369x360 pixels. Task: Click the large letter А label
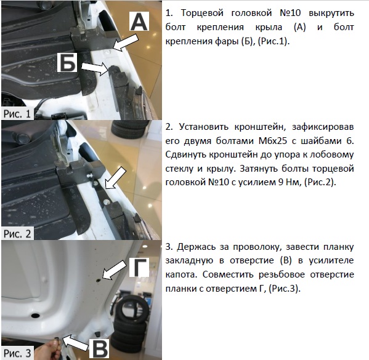139,21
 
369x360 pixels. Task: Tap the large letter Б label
67,62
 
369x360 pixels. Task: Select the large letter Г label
139,267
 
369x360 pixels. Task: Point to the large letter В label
99,348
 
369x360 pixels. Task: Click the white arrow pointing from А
126,42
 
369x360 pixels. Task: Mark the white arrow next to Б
95,68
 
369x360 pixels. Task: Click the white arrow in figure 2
115,178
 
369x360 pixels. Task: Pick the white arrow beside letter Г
115,270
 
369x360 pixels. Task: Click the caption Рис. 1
17,114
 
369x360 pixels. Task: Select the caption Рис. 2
17,234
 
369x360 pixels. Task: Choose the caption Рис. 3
17,353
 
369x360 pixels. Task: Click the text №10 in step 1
290,13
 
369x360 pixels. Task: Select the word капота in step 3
180,274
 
